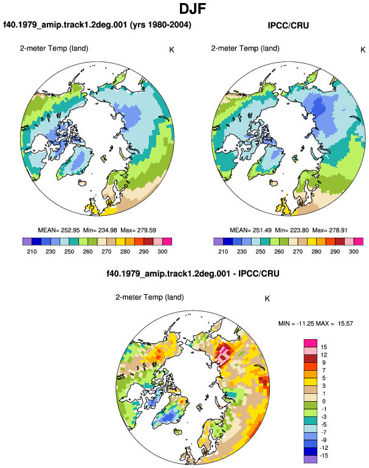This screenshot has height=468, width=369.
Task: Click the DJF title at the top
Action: pyautogui.click(x=193, y=9)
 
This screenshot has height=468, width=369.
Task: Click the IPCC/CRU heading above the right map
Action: pyautogui.click(x=288, y=26)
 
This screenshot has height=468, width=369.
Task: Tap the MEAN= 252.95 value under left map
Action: pyautogui.click(x=59, y=230)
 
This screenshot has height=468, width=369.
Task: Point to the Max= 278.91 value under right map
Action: pyautogui.click(x=329, y=230)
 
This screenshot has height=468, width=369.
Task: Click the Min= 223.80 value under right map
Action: pyautogui.click(x=292, y=230)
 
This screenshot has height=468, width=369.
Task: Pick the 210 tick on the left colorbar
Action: pyautogui.click(x=32, y=252)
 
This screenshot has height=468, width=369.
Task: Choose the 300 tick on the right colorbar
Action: pyautogui.click(x=353, y=252)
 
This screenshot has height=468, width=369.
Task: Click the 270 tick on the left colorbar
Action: pyautogui.click(x=106, y=252)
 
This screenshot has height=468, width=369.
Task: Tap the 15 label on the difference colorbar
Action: pyautogui.click(x=324, y=347)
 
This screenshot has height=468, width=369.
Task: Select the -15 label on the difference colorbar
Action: pyautogui.click(x=324, y=455)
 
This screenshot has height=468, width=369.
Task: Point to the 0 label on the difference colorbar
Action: pyautogui.click(x=324, y=401)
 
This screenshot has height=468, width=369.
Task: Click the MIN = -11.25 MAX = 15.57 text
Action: pyautogui.click(x=316, y=323)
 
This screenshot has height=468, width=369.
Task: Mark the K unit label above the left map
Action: pyautogui.click(x=171, y=50)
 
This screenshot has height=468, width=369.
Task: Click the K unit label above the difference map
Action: pyautogui.click(x=267, y=298)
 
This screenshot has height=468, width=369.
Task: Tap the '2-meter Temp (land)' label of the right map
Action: pyautogui.click(x=246, y=49)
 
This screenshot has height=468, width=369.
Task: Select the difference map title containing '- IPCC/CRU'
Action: pyautogui.click(x=193, y=274)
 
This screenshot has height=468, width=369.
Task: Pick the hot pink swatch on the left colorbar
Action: pyautogui.click(x=167, y=241)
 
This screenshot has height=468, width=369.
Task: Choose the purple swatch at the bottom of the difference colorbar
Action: pyautogui.click(x=311, y=459)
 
